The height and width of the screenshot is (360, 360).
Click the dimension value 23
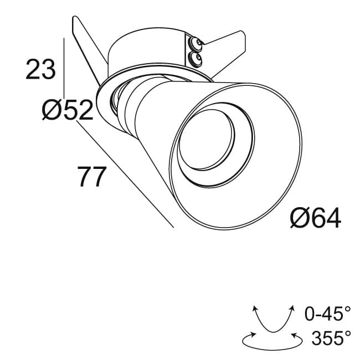click(41, 70)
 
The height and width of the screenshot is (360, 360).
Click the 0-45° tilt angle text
click(328, 315)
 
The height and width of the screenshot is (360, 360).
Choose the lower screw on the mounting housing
click(195, 57)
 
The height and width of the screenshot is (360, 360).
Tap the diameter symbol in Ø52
click(50, 111)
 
